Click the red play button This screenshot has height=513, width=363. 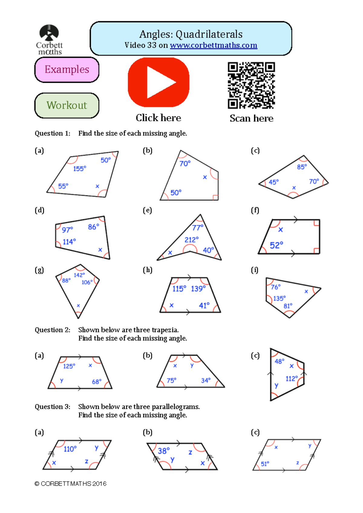tap(159, 82)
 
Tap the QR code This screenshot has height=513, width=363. tap(251, 85)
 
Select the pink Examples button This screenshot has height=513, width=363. tap(67, 69)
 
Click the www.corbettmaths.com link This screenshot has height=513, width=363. tap(213, 45)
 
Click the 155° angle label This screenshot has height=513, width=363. tap(80, 169)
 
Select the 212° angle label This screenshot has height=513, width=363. tap(191, 240)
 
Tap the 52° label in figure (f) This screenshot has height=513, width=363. tap(276, 245)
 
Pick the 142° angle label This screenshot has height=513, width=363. tap(79, 275)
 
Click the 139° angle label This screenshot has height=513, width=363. tap(198, 289)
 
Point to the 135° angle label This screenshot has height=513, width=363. tap(279, 298)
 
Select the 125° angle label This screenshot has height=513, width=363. tap(69, 366)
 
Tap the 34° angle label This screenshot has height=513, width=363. tap(206, 380)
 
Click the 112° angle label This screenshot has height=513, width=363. tap(292, 379)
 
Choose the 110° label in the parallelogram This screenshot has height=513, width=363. tap(70, 449)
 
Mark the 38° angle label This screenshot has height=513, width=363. tap(164, 451)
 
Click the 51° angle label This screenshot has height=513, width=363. tap(265, 464)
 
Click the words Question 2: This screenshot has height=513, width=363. tap(52, 330)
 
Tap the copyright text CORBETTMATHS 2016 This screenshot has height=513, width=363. tap(70, 484)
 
